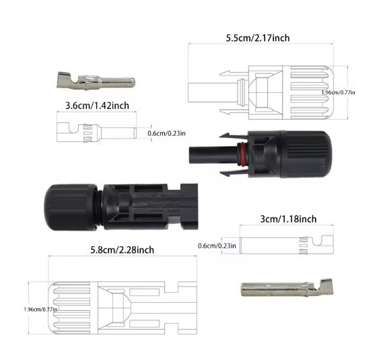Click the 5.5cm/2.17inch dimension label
(258, 38)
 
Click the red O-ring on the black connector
(240, 149)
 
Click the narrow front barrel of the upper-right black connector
(206, 153)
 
